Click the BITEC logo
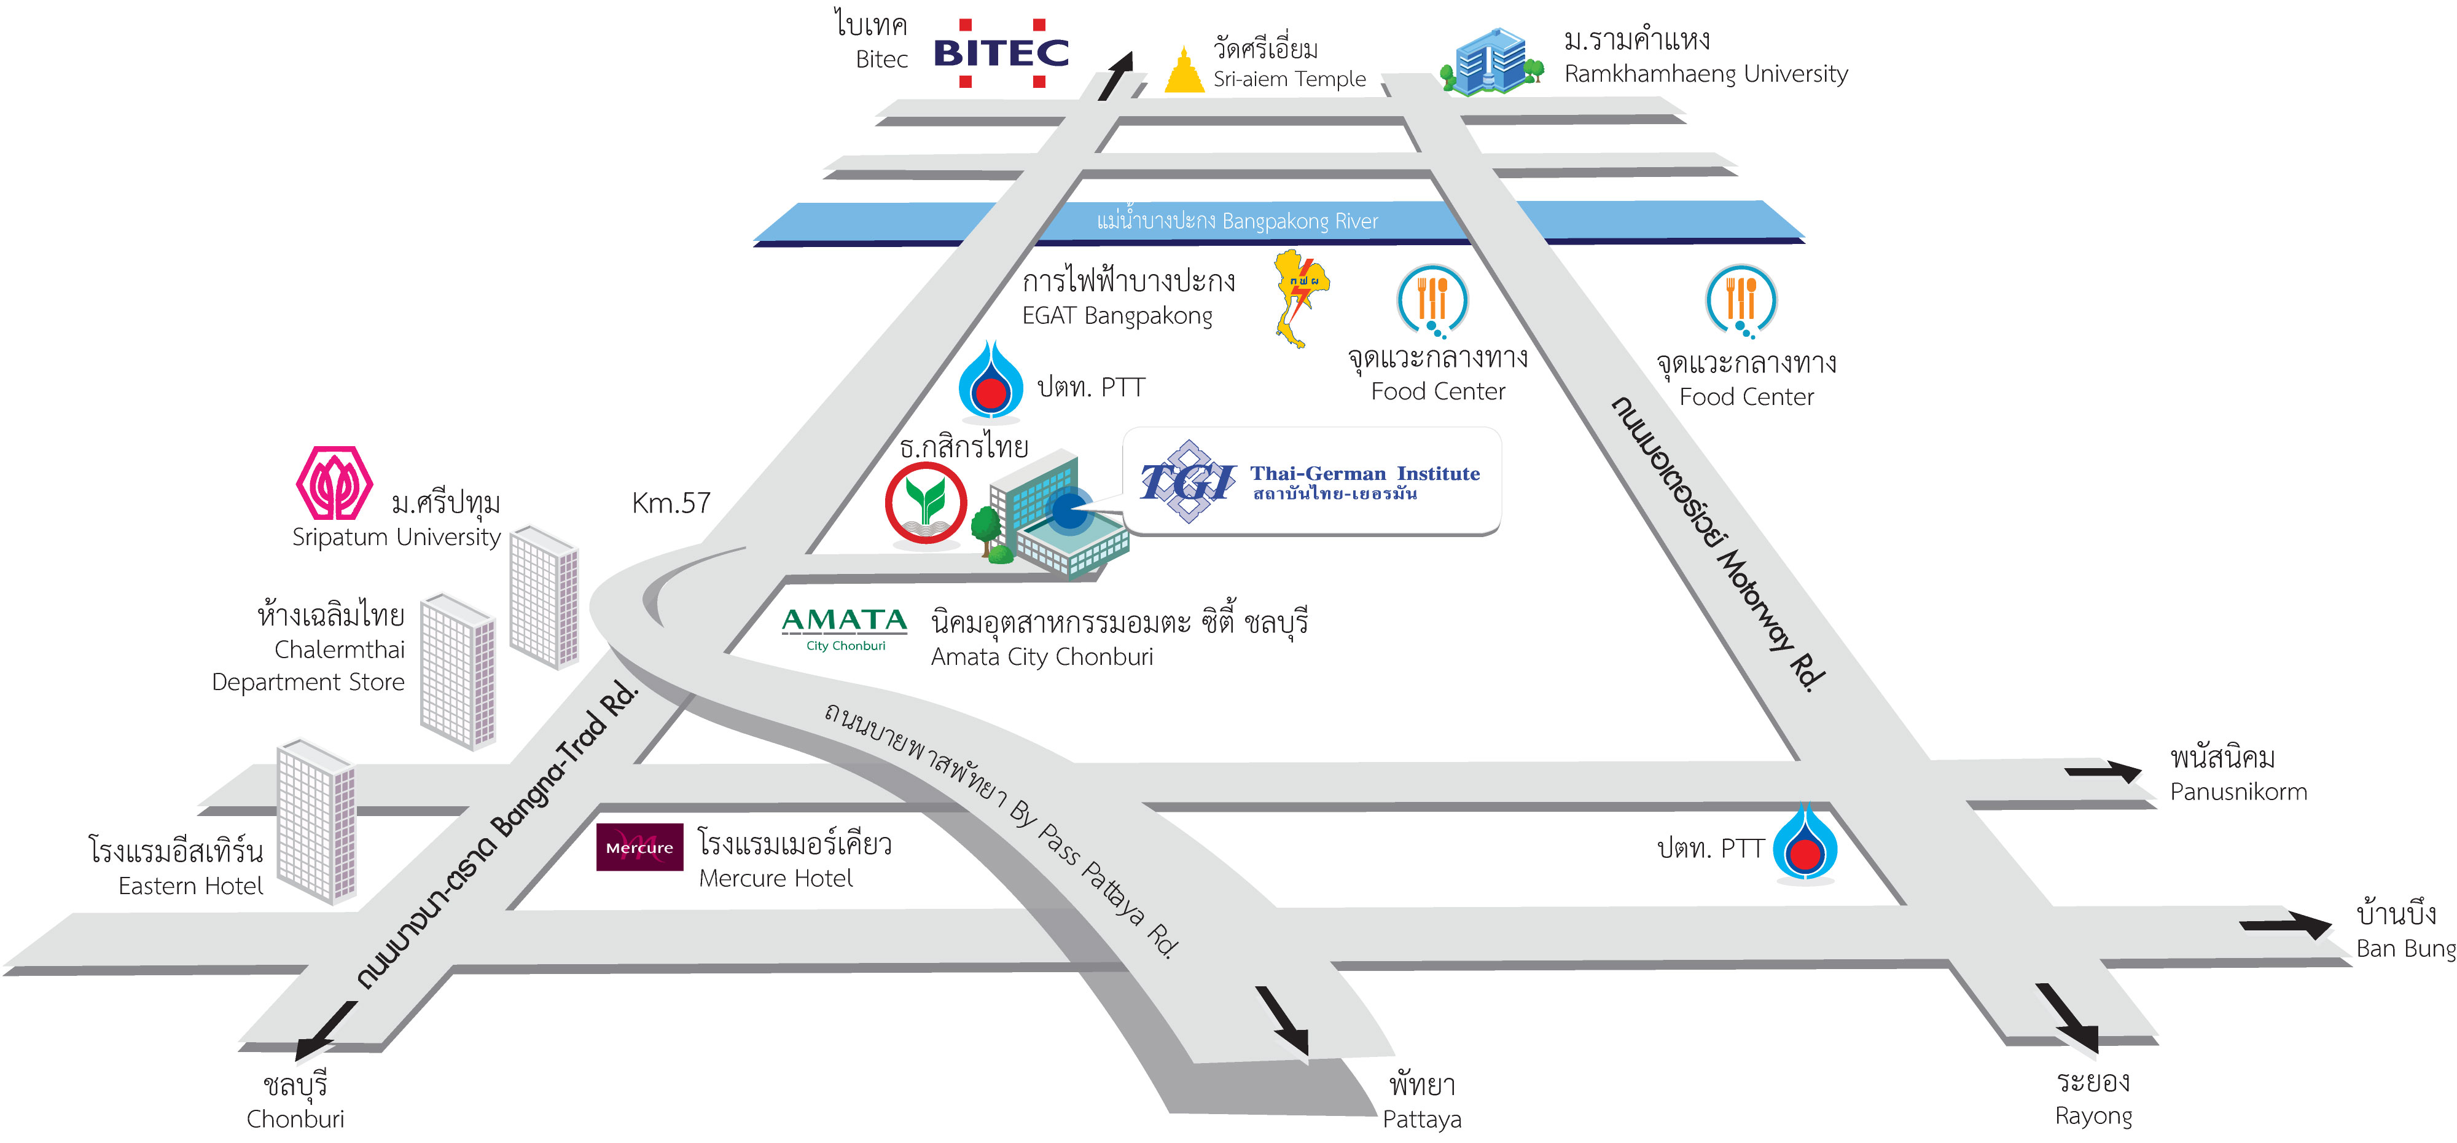(x=1001, y=53)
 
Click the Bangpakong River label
(x=1237, y=221)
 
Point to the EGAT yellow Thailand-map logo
(x=1300, y=296)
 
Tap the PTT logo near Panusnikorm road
(x=1805, y=846)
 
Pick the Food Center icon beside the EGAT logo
(x=1432, y=300)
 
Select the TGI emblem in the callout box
(x=1187, y=482)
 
